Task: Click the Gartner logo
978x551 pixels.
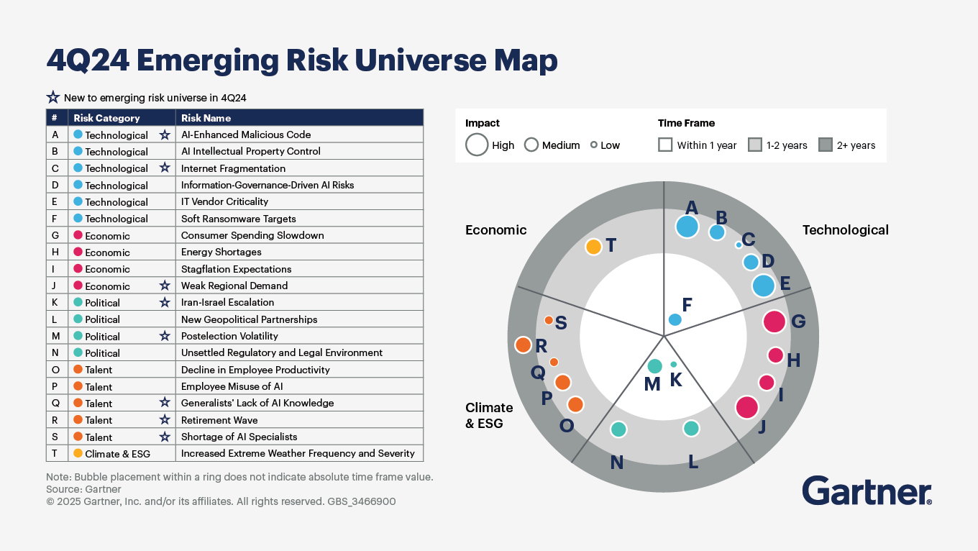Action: click(867, 491)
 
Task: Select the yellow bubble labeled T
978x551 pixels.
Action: click(593, 247)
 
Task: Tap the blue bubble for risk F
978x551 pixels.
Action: click(675, 319)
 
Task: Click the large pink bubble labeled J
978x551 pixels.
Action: click(747, 407)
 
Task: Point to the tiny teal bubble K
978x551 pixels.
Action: click(674, 365)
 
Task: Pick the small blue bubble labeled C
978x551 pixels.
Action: click(739, 245)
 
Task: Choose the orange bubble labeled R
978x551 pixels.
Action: click(523, 345)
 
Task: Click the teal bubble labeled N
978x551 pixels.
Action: click(618, 429)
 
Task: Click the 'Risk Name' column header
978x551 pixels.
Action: click(206, 118)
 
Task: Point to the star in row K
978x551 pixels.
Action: click(165, 303)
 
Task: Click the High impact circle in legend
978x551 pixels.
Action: click(477, 145)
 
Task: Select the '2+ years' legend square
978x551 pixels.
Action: click(825, 145)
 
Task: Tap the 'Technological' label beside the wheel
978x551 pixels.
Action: click(845, 230)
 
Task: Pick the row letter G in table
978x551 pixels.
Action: click(55, 235)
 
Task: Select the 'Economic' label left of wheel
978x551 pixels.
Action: click(495, 230)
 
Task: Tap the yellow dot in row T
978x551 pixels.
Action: click(78, 453)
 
